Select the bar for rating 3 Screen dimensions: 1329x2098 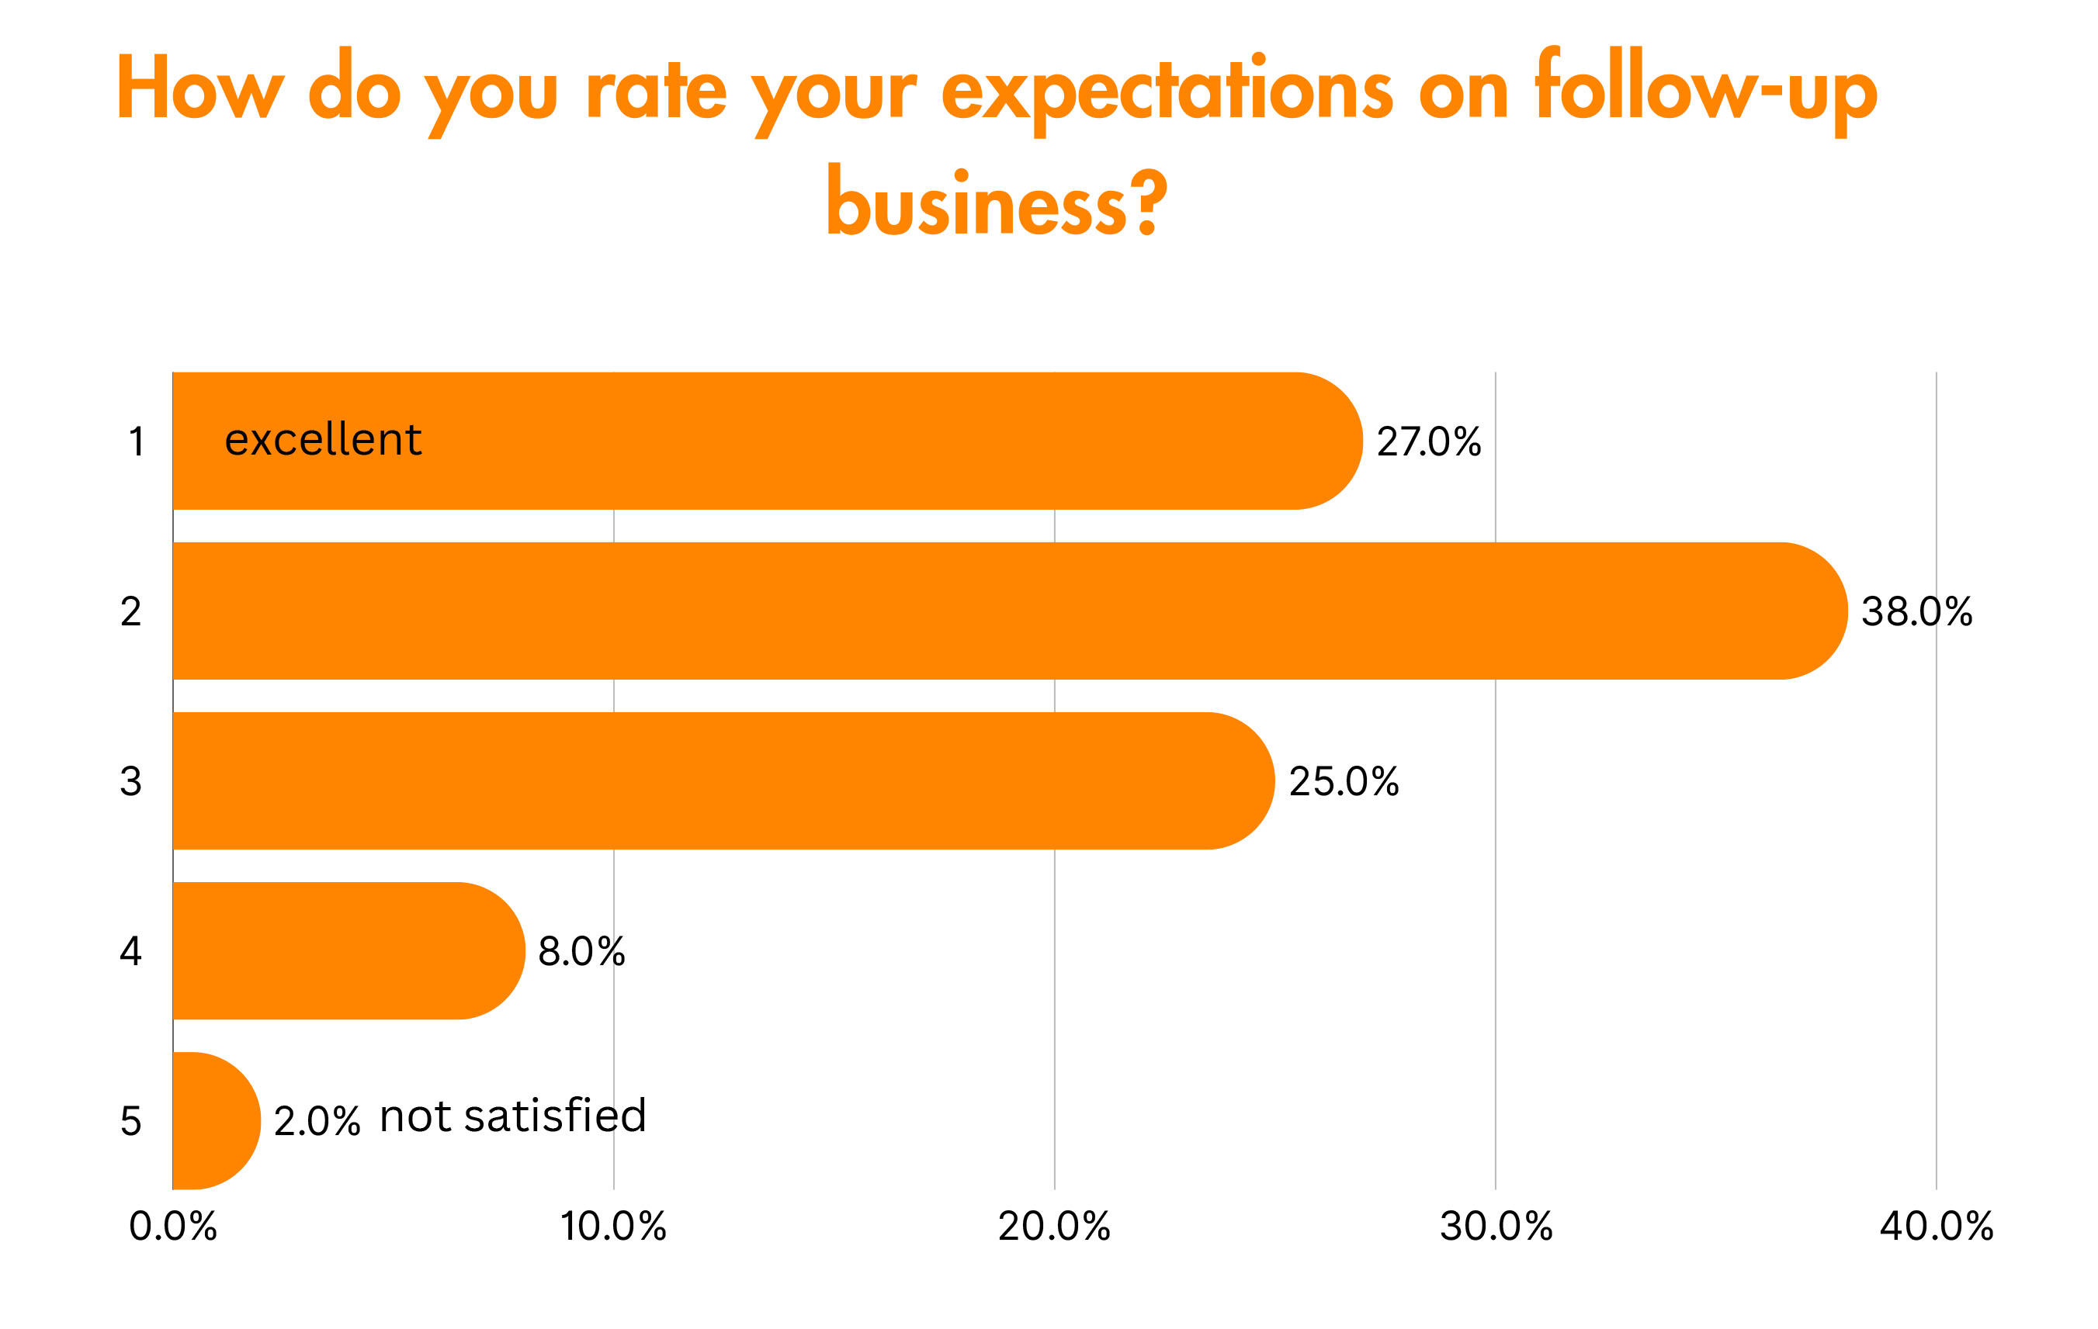(x=723, y=780)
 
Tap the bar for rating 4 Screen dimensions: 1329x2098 (x=349, y=950)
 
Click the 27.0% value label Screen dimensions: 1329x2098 (x=1428, y=441)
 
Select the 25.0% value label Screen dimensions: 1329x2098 (x=1344, y=781)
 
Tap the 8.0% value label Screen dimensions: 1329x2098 (x=581, y=951)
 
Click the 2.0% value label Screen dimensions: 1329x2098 (x=316, y=1121)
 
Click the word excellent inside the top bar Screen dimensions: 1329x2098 (x=323, y=439)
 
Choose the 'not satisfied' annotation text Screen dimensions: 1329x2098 (x=513, y=1116)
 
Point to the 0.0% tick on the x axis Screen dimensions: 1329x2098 (x=172, y=1227)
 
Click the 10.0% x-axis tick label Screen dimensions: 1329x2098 (x=613, y=1227)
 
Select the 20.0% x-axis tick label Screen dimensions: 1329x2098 (x=1054, y=1227)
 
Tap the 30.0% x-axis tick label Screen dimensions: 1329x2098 (x=1496, y=1227)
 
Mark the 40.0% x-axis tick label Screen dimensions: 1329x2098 (x=1936, y=1227)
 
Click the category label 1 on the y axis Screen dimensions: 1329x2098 (x=136, y=441)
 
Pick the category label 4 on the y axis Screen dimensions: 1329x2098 (x=130, y=951)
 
